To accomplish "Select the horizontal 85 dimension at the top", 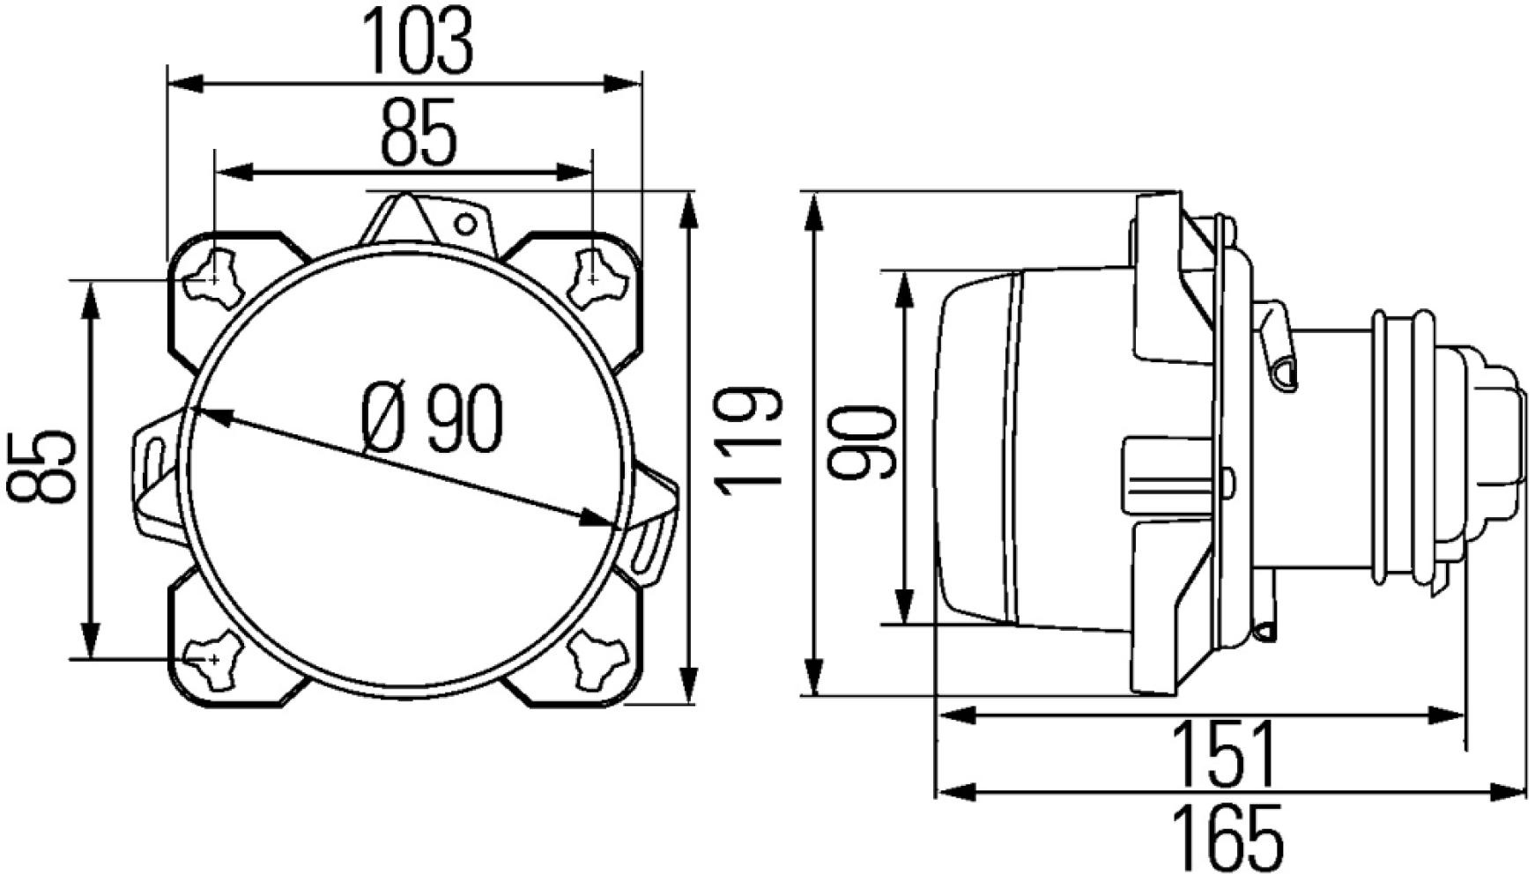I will click(x=419, y=133).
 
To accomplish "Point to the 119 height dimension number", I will click(x=747, y=440).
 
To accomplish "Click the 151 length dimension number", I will click(x=1225, y=754).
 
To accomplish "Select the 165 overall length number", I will click(x=1227, y=838).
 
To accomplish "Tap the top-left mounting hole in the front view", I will click(x=212, y=279).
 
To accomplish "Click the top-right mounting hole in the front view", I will click(x=594, y=279).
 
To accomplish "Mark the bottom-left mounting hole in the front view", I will click(x=212, y=659).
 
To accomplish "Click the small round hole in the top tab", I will click(x=465, y=226).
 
